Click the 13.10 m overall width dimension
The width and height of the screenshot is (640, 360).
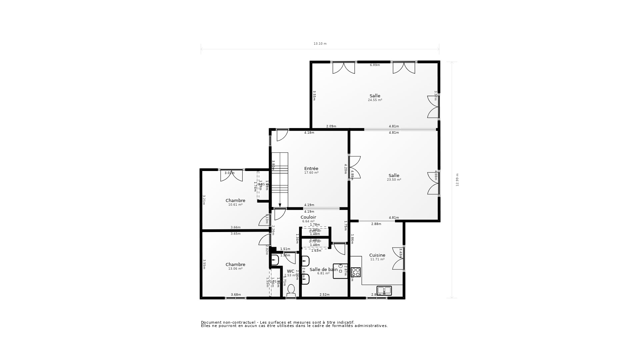click(x=320, y=44)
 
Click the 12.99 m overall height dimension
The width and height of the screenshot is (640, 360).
click(x=457, y=180)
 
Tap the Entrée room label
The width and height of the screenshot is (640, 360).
click(x=311, y=169)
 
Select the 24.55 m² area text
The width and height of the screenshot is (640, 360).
click(x=375, y=100)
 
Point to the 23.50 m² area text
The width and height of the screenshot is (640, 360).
click(x=394, y=180)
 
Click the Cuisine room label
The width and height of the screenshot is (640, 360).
click(x=377, y=255)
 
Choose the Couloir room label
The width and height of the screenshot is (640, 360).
click(x=308, y=217)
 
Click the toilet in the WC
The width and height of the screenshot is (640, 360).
click(x=291, y=291)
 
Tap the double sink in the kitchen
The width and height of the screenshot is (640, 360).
click(x=384, y=290)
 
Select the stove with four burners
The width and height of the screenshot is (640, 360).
click(x=356, y=272)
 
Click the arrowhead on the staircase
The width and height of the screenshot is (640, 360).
click(x=280, y=205)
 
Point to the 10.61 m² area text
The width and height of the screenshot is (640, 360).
click(x=235, y=205)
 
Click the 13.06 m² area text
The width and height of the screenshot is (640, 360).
click(x=235, y=269)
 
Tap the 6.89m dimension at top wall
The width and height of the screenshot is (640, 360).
click(x=375, y=65)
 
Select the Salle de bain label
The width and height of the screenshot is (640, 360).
click(x=323, y=269)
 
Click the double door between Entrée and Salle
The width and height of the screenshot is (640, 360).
click(x=354, y=167)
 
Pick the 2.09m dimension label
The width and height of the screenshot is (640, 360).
click(x=331, y=126)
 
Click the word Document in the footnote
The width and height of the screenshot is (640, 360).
click(x=211, y=322)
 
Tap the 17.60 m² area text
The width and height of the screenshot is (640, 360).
click(x=311, y=173)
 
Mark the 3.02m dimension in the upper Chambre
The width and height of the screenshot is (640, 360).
click(x=229, y=173)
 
